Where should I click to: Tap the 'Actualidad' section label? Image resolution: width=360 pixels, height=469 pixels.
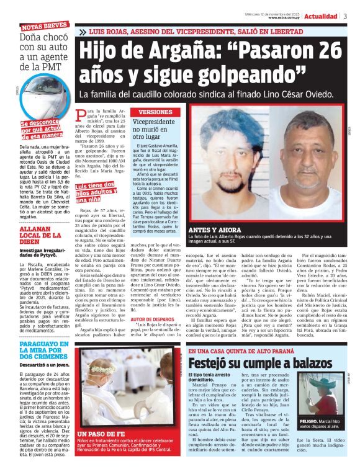[321, 16]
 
